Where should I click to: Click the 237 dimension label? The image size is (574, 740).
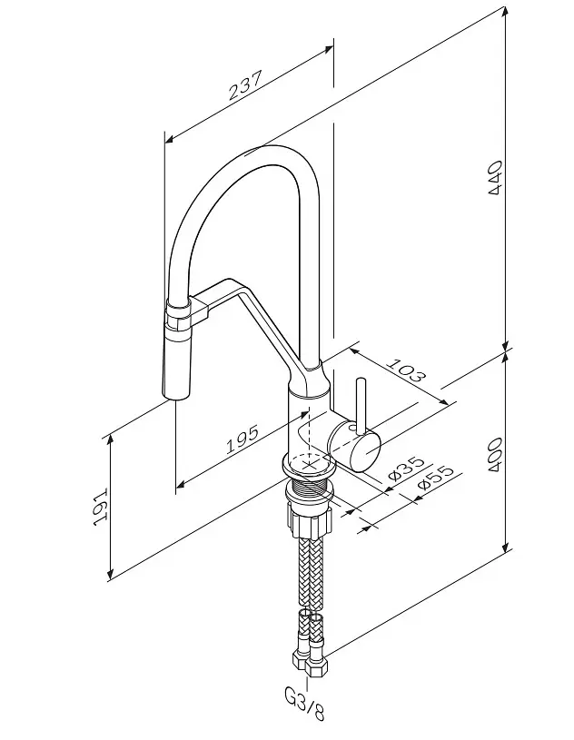click(244, 85)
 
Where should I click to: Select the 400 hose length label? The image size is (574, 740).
click(495, 455)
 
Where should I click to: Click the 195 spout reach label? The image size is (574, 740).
click(242, 439)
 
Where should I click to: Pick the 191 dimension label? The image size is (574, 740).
click(101, 507)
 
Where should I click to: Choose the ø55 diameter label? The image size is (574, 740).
click(435, 479)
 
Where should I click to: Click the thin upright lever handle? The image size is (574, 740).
click(361, 405)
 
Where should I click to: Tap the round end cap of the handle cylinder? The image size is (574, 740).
click(365, 451)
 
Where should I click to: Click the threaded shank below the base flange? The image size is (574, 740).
click(309, 486)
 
